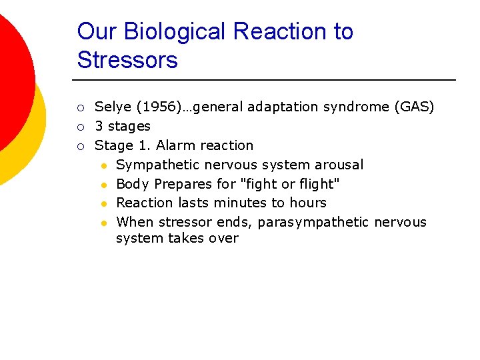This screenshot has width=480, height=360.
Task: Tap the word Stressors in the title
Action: point(127,60)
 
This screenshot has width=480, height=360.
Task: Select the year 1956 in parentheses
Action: point(150,107)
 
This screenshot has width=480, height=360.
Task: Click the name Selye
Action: point(113,107)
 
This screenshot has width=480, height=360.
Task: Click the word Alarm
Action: point(175,145)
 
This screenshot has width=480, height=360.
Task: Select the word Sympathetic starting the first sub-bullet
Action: point(157,165)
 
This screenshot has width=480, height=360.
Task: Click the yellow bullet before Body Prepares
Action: point(105,184)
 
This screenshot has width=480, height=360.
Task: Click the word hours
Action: point(307,203)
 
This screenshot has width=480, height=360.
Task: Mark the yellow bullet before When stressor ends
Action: point(105,223)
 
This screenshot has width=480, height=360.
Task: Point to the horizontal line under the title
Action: point(267,80)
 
